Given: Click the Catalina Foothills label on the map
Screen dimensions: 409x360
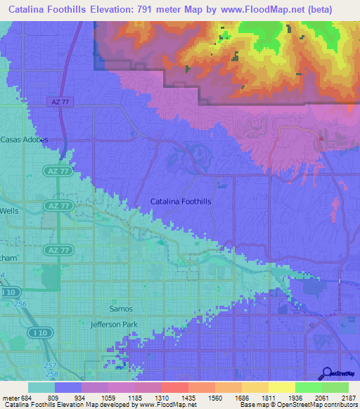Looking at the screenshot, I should tap(181, 202).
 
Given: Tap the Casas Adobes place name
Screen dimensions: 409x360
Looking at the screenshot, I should tap(24, 139).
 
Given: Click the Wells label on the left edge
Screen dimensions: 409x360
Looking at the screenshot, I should tap(9, 210).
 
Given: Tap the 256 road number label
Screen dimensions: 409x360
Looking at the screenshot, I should tap(20, 303).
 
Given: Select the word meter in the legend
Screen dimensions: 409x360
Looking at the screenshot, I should tap(11, 397).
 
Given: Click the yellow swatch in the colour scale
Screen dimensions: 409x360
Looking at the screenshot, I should tap(281, 387).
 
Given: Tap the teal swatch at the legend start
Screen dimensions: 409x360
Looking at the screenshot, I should tap(41, 387).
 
